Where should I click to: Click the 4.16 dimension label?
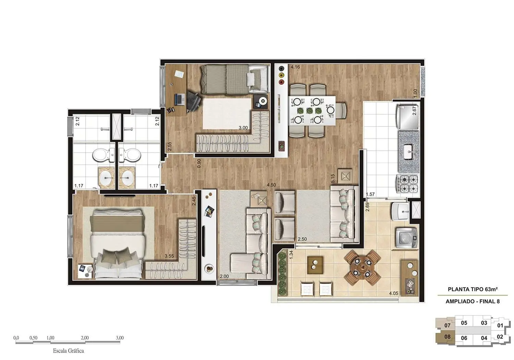(x=295, y=67)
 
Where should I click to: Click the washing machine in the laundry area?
(x=406, y=237)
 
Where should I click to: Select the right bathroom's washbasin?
(x=127, y=178)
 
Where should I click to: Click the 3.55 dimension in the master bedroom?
(x=169, y=256)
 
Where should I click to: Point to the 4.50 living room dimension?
(x=271, y=185)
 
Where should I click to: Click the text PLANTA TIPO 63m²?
(x=473, y=289)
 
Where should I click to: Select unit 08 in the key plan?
(x=447, y=337)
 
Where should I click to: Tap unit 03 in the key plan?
(x=484, y=323)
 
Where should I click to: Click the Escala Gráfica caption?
(x=68, y=351)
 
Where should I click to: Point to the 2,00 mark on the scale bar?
(x=85, y=338)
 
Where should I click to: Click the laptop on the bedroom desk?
(x=179, y=99)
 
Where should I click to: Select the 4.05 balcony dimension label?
(x=393, y=293)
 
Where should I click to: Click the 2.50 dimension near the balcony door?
(x=302, y=239)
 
